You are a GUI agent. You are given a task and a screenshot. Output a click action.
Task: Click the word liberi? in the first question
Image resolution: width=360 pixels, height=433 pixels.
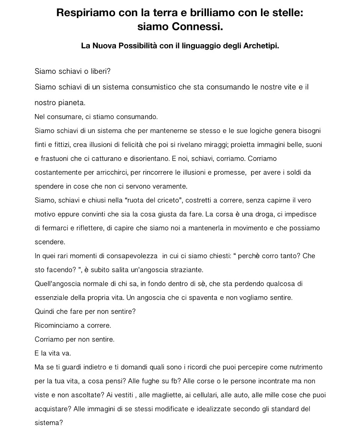99,71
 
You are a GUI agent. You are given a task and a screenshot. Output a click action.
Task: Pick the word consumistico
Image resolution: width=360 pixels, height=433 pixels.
154,87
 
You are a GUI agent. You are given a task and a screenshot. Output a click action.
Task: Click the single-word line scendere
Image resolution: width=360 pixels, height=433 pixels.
50,242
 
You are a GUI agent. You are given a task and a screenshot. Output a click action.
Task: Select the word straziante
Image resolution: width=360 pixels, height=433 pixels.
187,270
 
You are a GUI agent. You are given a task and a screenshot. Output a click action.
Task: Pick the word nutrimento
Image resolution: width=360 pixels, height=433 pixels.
302,367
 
